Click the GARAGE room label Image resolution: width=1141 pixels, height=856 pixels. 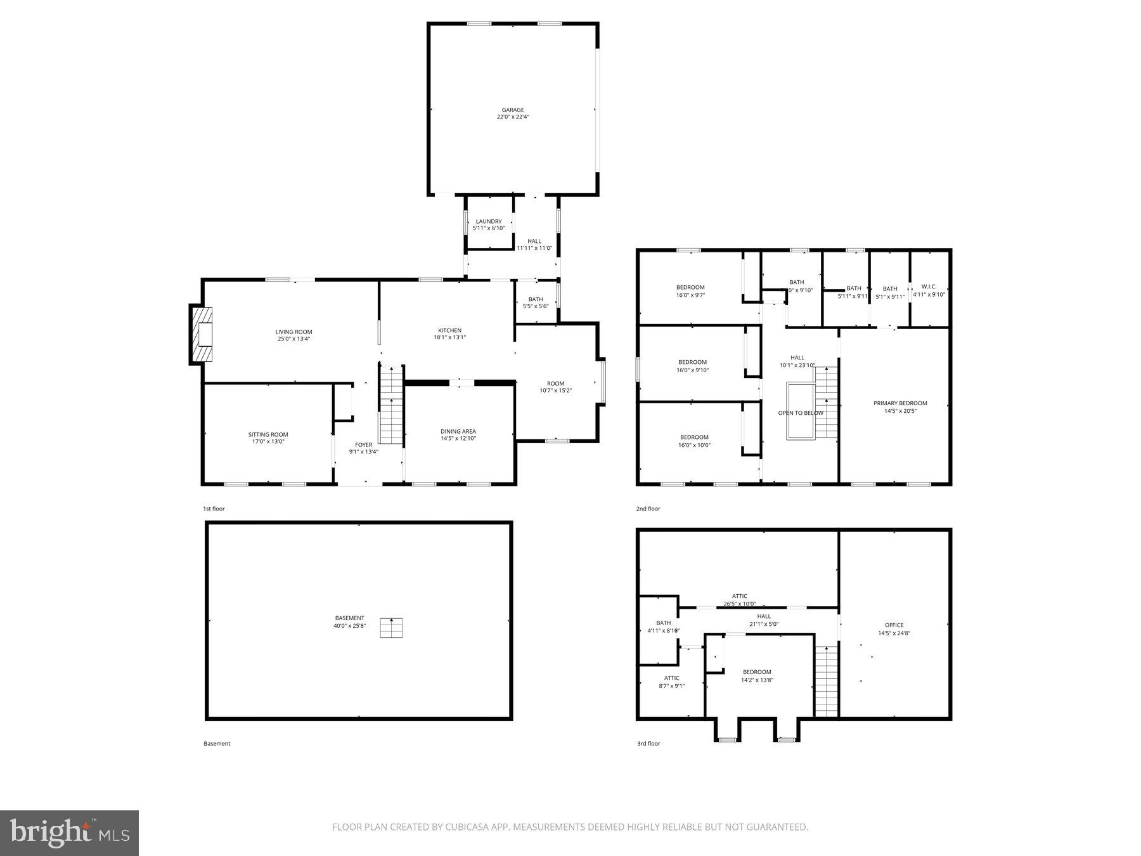513,110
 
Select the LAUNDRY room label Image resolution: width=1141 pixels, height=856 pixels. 489,221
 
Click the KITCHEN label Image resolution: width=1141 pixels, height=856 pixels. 449,330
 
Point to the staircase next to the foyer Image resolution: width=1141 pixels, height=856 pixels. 391,406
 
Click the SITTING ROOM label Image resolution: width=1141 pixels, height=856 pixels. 268,434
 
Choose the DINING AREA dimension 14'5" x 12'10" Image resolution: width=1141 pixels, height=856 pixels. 458,438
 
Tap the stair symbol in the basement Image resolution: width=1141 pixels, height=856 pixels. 392,627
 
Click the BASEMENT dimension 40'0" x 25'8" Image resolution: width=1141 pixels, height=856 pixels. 350,626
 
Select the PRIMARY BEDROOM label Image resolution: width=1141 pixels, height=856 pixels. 900,403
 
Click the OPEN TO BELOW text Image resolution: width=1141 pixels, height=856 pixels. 801,413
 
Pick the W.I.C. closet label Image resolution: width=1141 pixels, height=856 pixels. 929,287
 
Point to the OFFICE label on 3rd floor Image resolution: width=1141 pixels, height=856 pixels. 894,625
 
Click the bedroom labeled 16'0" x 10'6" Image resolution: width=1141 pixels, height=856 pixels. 694,441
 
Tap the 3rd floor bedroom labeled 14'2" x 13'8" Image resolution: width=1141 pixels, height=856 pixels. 757,676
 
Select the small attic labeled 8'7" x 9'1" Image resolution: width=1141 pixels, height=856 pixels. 671,682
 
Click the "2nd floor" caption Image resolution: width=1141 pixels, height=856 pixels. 648,509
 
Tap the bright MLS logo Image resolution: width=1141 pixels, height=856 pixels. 69,833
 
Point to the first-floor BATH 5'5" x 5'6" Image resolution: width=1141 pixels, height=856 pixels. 536,302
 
